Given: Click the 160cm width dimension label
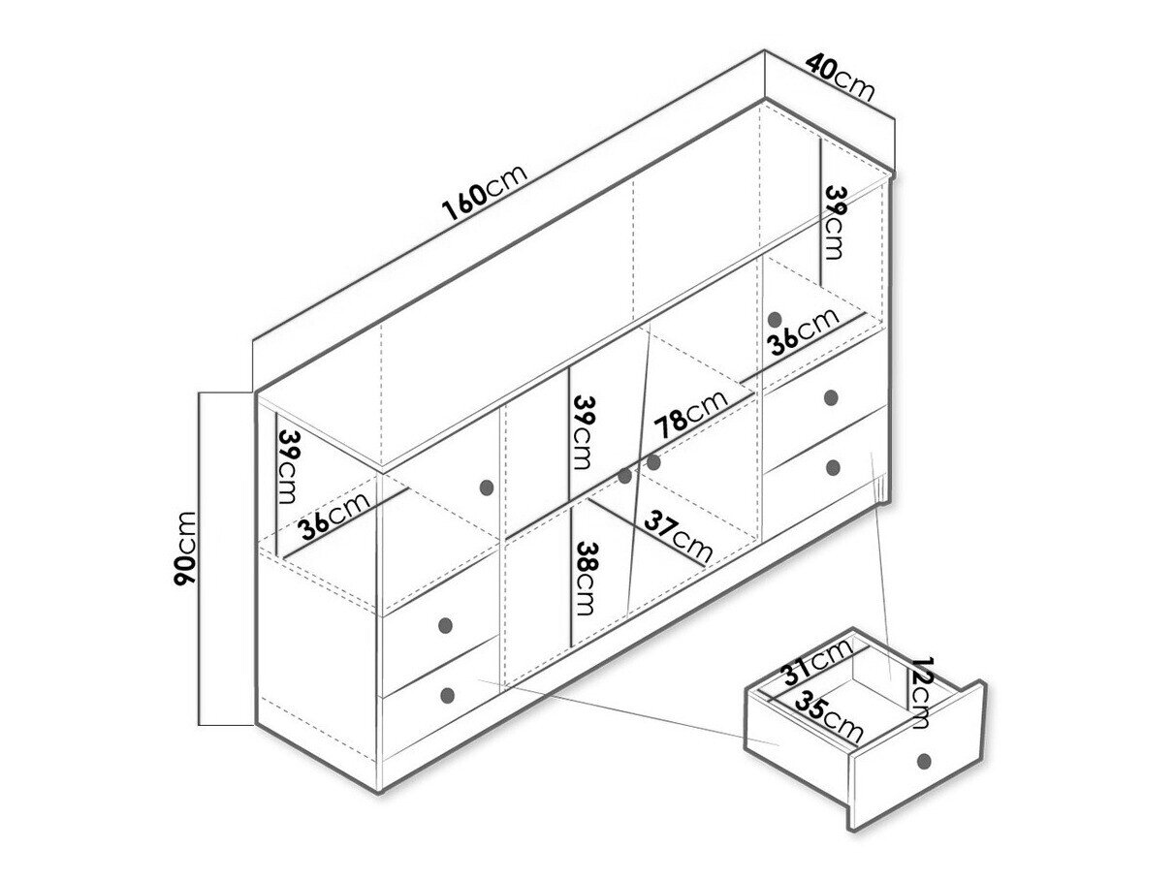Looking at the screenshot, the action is click(x=485, y=193).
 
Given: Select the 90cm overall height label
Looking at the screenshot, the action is click(x=184, y=549).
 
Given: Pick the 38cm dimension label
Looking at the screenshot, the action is click(x=584, y=579).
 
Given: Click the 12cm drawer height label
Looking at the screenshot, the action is click(x=920, y=693).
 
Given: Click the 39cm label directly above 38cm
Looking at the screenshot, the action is click(x=582, y=432).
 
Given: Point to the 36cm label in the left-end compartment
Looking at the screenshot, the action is click(x=334, y=515).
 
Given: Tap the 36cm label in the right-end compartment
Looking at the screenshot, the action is click(x=802, y=330).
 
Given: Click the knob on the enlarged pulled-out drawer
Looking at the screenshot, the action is click(x=923, y=761).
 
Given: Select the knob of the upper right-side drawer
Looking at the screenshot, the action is click(x=831, y=397).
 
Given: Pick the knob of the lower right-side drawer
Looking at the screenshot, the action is click(x=833, y=468).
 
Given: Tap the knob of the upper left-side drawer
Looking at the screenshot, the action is click(x=445, y=625).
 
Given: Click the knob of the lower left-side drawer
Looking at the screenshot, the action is click(x=447, y=695).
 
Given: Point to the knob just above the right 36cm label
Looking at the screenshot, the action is click(x=774, y=320).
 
